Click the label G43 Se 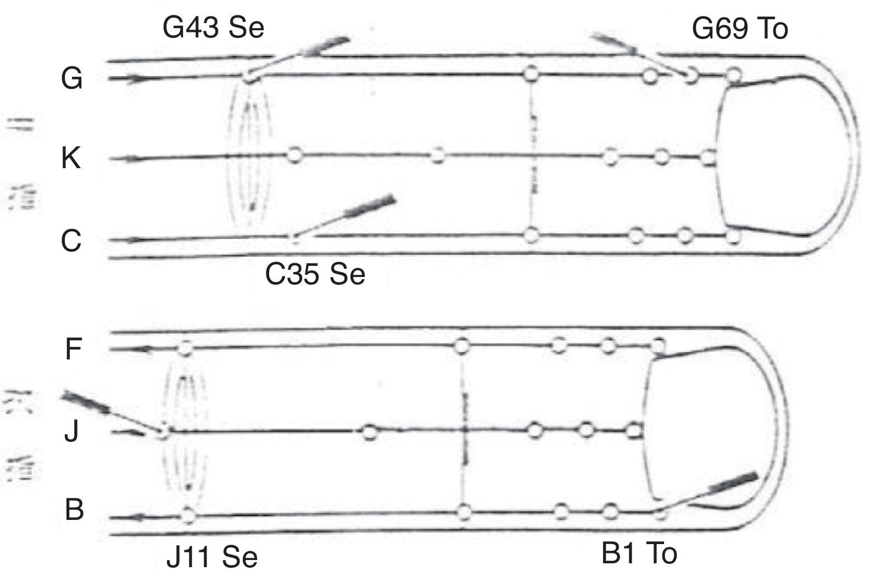pyautogui.click(x=213, y=28)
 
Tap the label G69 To pyautogui.click(x=739, y=28)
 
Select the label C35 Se pyautogui.click(x=315, y=274)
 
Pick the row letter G pyautogui.click(x=71, y=78)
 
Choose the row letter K pyautogui.click(x=71, y=159)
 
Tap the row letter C pyautogui.click(x=71, y=240)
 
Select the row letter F pyautogui.click(x=73, y=349)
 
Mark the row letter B pyautogui.click(x=74, y=510)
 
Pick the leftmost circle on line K pyautogui.click(x=295, y=155)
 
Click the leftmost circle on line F pyautogui.click(x=185, y=348)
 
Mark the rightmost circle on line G pyautogui.click(x=733, y=75)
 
